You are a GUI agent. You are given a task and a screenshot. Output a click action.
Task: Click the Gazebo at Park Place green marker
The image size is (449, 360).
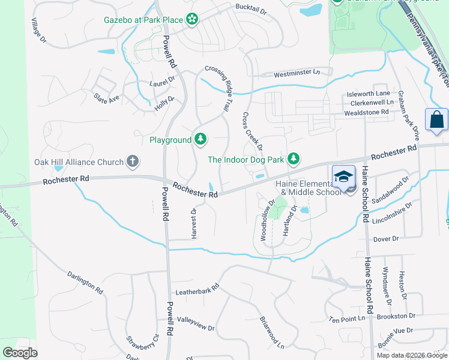(x=192, y=20)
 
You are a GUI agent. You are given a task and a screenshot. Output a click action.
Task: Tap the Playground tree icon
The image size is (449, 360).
(x=200, y=140)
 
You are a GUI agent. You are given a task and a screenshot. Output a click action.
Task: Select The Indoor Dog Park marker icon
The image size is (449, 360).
(x=294, y=159)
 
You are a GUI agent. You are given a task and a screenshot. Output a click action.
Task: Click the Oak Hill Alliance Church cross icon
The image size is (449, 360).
(x=133, y=161)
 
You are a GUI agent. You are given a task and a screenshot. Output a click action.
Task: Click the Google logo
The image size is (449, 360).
(x=20, y=353)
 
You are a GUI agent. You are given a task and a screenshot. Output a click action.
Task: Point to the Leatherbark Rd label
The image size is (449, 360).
(x=197, y=292)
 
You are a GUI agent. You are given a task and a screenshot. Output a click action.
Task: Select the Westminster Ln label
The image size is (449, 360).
(x=297, y=74)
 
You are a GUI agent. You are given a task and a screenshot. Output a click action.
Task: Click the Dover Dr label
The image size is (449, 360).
(x=386, y=239)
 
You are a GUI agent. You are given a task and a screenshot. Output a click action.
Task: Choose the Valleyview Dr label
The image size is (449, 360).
(x=195, y=324)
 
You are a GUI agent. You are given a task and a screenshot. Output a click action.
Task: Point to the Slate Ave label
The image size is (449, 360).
(x=106, y=98)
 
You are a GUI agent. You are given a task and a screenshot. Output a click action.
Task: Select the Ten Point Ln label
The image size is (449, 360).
(x=347, y=318)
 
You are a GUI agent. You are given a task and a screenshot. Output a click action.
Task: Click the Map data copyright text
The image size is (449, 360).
(x=412, y=355)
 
